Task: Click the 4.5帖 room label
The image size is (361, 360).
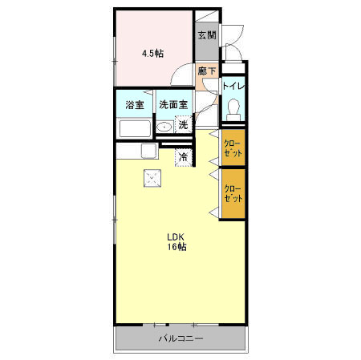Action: [152, 54]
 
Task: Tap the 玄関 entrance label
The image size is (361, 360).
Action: [207, 35]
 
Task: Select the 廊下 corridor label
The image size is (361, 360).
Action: [207, 71]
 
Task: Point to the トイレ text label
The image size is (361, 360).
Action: [233, 86]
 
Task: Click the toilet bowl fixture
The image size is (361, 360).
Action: [233, 110]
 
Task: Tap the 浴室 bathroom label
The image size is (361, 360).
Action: [135, 105]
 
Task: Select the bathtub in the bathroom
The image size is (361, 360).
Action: [135, 129]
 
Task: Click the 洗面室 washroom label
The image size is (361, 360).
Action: [173, 104]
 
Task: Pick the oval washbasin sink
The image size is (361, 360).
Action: [164, 127]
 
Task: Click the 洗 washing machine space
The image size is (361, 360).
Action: [184, 124]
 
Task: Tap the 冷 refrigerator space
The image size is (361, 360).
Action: [184, 157]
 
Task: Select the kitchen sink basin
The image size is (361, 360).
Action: [148, 151]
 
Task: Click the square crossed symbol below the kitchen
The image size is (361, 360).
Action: [152, 178]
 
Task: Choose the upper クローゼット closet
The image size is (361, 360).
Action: [233, 148]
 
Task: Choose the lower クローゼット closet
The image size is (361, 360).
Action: [233, 193]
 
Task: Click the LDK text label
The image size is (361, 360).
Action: [176, 237]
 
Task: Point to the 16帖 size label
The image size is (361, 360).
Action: [176, 247]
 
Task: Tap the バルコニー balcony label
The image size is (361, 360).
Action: [181, 338]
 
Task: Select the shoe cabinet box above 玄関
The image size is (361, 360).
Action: [207, 16]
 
